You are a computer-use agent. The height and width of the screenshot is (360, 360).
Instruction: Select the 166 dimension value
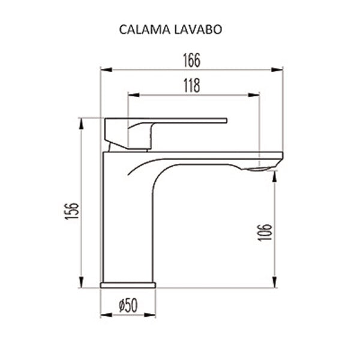point(191,61)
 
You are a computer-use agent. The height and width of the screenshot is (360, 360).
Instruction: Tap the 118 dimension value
point(191,86)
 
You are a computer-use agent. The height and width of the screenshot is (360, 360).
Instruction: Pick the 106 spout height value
point(266,232)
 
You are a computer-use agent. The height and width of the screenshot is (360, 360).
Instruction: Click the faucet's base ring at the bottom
point(128,284)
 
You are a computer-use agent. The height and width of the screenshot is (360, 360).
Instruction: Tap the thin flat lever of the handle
point(192,121)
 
